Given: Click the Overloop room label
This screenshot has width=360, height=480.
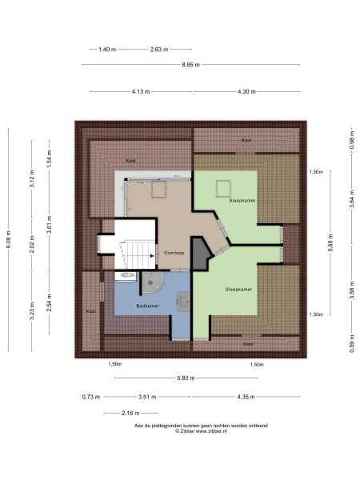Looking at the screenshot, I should (x=174, y=253).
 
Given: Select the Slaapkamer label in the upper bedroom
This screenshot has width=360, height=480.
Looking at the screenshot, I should (x=242, y=201).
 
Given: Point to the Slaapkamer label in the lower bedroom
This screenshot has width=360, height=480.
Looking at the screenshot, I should (x=239, y=289).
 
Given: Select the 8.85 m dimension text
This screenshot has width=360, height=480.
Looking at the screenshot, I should (x=190, y=65).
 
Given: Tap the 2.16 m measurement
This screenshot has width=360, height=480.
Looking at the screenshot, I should (x=118, y=414).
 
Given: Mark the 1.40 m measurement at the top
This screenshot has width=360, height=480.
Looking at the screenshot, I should (x=106, y=49).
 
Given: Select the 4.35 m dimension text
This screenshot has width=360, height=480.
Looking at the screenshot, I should (x=246, y=396).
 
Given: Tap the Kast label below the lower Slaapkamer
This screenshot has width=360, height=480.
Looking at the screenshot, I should (x=248, y=343).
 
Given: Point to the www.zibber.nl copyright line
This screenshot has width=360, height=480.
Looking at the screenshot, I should (x=190, y=432).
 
